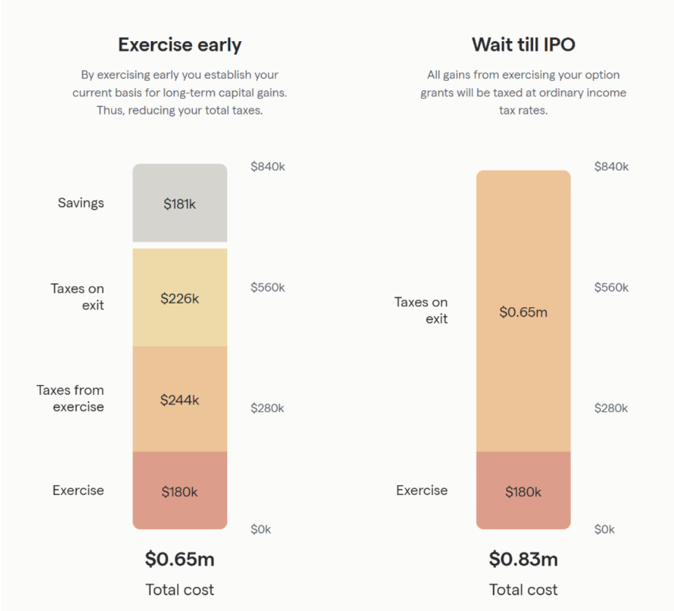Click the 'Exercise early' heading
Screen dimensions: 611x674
179,45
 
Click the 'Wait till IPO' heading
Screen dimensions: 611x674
523,45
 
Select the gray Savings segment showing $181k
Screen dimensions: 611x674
179,203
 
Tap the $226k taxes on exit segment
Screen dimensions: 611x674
179,298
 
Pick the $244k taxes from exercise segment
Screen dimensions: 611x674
179,399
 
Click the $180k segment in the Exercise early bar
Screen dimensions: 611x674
179,491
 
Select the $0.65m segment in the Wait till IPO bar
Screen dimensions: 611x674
523,312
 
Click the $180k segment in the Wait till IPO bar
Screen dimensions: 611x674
523,491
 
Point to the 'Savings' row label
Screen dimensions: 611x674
81,203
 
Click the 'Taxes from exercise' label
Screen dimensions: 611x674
70,398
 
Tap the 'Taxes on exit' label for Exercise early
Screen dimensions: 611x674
77,297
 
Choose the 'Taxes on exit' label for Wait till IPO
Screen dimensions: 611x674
421,310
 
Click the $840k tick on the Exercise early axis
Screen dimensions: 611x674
268,167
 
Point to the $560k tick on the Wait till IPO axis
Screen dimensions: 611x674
611,287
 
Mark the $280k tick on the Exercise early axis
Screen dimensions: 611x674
268,408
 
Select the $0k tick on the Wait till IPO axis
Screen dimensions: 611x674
605,529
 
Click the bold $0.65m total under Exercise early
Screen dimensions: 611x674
179,559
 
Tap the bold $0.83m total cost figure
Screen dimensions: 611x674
523,559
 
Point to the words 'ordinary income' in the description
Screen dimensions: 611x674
588,93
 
